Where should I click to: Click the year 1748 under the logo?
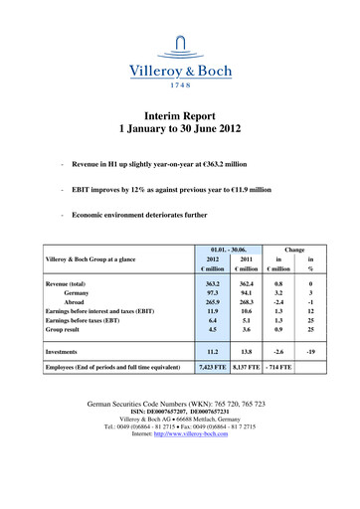tap(180, 85)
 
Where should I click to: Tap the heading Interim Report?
tap(180, 115)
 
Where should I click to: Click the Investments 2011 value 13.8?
tap(245, 380)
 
